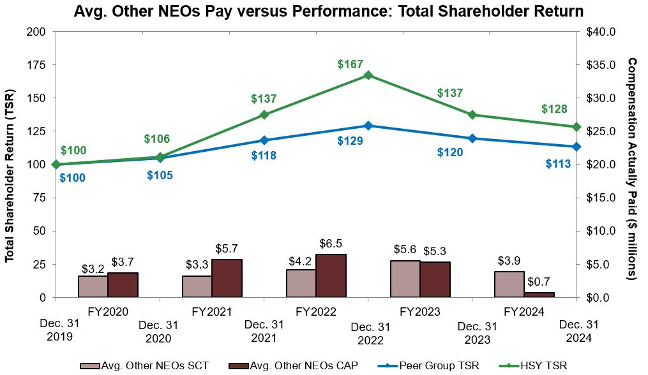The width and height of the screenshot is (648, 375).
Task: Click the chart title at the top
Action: tap(328, 11)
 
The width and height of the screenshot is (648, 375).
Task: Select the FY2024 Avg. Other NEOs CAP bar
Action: tap(539, 294)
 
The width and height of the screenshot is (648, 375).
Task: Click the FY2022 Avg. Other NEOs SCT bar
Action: tap(301, 283)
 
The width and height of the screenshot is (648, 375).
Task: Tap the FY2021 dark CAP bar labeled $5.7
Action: tap(227, 278)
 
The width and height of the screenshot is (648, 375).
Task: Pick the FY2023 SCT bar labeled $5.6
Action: tap(405, 279)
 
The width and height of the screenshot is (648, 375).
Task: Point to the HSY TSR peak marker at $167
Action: tap(368, 75)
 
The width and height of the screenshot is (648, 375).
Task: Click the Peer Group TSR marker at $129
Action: tap(368, 126)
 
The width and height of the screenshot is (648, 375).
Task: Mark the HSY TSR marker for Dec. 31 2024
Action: tap(576, 127)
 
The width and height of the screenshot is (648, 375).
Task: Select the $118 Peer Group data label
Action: tap(264, 155)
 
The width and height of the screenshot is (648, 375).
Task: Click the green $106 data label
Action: tap(157, 139)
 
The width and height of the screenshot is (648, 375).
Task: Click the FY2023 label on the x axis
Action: tap(420, 312)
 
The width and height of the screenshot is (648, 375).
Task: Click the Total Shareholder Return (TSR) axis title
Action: tap(10, 165)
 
